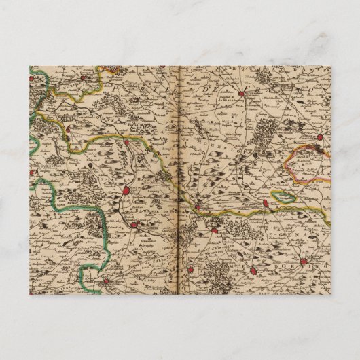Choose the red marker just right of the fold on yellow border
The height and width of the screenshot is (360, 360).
coord(198,206)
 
